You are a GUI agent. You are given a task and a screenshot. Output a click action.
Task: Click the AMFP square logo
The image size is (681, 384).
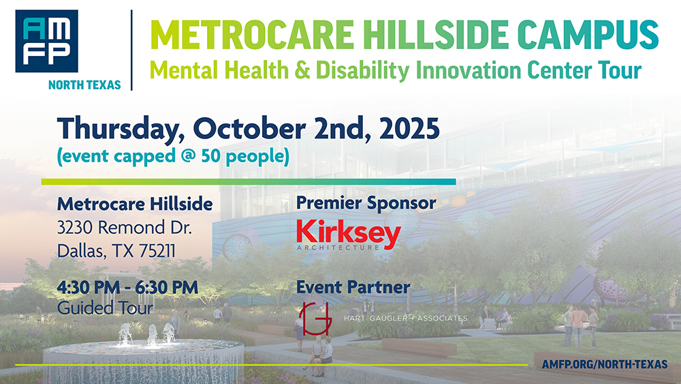click(46, 41)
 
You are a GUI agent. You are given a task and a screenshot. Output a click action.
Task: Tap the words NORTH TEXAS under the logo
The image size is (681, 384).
click(84, 85)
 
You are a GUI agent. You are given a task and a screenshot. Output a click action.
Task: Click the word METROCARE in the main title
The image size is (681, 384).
click(252, 35)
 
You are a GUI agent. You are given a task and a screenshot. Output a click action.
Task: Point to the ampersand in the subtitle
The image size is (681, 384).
click(302, 70)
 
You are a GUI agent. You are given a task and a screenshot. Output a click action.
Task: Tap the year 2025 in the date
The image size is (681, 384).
click(409, 128)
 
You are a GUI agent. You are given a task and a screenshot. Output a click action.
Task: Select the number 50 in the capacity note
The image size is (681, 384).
click(211, 156)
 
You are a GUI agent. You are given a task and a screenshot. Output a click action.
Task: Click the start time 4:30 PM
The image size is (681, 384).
click(88, 287)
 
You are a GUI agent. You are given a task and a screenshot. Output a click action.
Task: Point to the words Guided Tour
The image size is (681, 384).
click(105, 308)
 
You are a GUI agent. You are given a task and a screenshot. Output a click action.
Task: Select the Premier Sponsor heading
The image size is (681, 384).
click(366, 203)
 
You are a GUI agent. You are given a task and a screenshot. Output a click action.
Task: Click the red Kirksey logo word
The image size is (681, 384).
click(348, 233)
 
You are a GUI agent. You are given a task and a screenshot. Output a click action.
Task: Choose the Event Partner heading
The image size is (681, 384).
click(353, 287)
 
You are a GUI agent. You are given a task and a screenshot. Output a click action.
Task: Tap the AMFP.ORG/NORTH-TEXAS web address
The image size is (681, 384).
click(605, 364)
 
